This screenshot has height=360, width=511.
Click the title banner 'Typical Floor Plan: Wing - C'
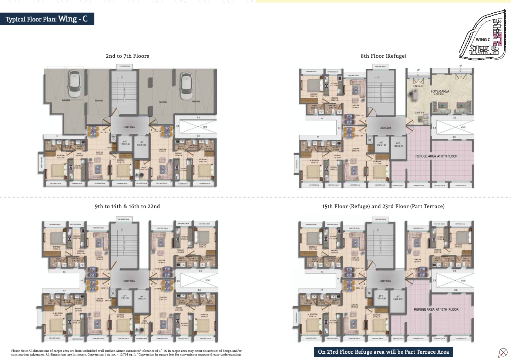[47, 19]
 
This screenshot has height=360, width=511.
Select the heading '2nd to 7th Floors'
[127, 56]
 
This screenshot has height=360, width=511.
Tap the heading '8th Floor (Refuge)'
[383, 56]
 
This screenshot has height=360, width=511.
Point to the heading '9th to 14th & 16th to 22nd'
[127, 206]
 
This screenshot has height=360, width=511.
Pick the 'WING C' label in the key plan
[483, 40]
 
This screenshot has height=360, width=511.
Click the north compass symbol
[503, 352]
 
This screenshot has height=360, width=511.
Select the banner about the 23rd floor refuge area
[383, 352]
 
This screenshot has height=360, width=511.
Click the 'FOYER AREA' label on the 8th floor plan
[440, 91]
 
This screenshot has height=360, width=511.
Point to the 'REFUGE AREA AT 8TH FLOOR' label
[436, 156]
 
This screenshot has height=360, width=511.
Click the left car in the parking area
[74, 83]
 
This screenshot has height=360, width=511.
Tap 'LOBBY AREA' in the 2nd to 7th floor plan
[129, 127]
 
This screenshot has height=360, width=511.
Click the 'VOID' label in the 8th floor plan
[463, 127]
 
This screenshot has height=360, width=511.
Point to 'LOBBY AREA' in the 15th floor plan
[385, 281]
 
